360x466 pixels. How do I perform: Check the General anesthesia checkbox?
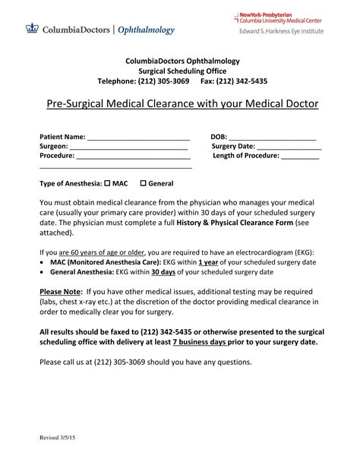pos(143,183)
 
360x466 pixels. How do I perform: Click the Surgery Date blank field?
pos(289,147)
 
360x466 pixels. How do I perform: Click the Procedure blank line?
pos(133,157)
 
